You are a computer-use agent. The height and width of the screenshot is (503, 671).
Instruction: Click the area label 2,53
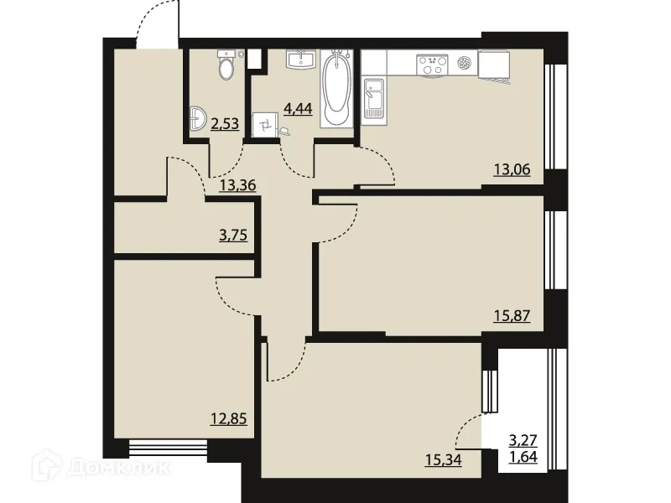pos(225,124)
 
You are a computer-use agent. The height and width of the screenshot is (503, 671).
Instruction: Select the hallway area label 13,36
pos(237,185)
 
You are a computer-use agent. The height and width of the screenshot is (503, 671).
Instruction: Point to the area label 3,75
pos(234,236)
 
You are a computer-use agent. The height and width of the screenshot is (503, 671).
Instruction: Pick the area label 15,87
pos(513,318)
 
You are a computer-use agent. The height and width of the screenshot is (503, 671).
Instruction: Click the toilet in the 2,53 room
pos(226,65)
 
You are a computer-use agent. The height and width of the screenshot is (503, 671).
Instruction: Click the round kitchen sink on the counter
pos(466,61)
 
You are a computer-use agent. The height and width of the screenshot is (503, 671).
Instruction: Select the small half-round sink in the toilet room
pos(197,119)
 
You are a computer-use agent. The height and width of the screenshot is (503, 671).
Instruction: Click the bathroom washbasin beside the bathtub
pos(300,60)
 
